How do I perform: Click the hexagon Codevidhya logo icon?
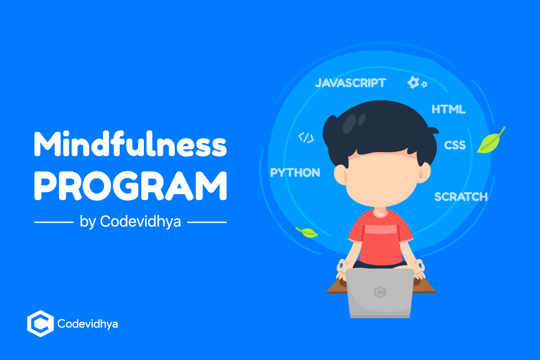click(40, 323)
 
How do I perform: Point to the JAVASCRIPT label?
click(350, 83)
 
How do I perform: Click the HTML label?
click(448, 109)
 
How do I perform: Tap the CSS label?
click(455, 145)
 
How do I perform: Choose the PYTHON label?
click(295, 172)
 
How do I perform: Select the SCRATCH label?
click(461, 197)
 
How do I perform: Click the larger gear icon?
click(413, 82)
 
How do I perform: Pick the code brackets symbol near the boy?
click(306, 138)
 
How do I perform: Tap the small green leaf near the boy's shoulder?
click(307, 232)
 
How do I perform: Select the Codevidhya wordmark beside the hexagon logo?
click(88, 324)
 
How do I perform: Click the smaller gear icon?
click(424, 84)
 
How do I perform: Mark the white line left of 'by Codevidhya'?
click(54, 222)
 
